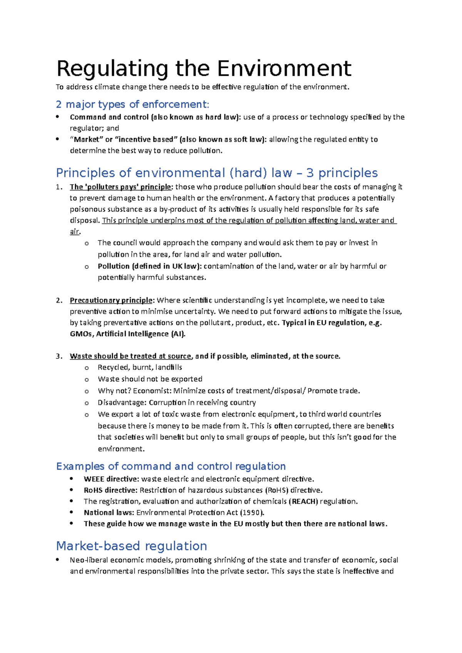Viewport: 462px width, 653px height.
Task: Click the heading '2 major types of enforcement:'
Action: click(133, 104)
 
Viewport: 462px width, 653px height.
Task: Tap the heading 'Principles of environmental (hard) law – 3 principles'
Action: click(217, 173)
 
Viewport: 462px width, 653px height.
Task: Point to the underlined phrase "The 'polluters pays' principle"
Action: click(121, 187)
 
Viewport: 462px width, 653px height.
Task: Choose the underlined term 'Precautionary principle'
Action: click(111, 300)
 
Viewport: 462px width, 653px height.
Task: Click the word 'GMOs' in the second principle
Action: click(81, 334)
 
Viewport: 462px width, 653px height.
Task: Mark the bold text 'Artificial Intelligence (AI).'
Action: click(141, 334)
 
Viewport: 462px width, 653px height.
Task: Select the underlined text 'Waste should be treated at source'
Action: click(131, 356)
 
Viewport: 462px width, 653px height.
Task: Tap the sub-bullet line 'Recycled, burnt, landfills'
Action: click(140, 367)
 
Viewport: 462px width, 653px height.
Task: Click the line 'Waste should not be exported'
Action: click(150, 379)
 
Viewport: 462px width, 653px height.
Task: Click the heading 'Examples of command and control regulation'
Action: click(171, 466)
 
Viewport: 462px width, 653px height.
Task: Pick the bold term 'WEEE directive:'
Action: click(111, 479)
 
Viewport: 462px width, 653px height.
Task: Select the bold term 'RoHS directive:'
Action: click(110, 490)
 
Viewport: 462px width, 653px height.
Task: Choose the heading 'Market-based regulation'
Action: click(132, 546)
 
